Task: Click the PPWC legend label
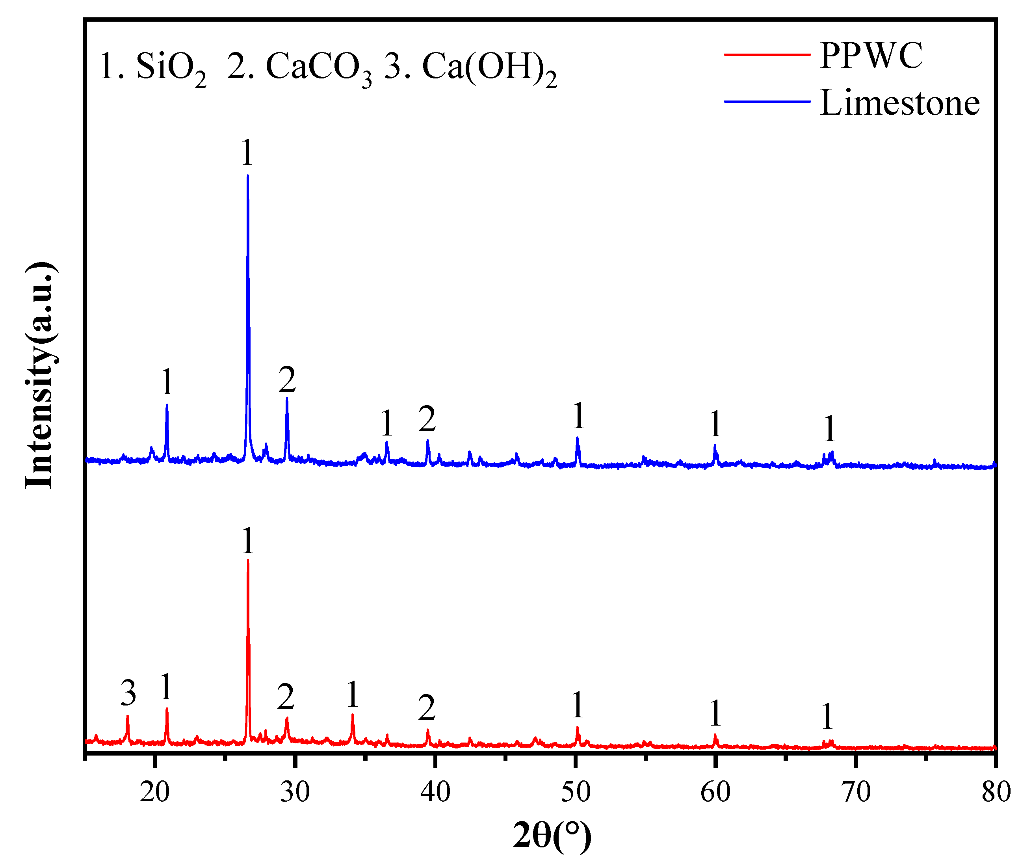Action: pos(871,55)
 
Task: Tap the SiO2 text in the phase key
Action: pos(170,68)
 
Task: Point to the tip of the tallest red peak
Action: pos(247,560)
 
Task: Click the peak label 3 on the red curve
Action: pos(128,693)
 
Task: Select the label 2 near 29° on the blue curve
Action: pos(287,380)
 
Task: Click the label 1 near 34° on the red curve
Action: pos(352,695)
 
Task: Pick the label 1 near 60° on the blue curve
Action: pos(715,424)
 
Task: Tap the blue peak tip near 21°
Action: pos(167,405)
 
